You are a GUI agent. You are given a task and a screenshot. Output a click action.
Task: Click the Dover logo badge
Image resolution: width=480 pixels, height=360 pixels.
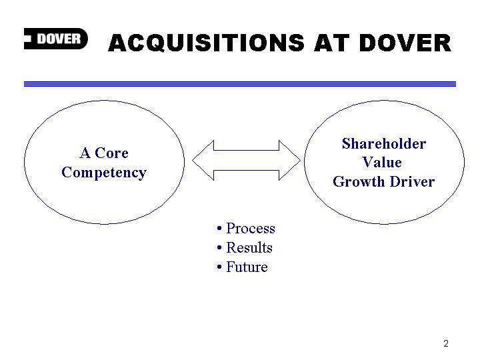pos(56,39)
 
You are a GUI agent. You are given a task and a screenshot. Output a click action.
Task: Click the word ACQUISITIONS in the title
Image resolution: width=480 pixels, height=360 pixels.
pos(206,43)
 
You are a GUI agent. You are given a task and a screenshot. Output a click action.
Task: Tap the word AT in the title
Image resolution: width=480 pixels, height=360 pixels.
pos(331,43)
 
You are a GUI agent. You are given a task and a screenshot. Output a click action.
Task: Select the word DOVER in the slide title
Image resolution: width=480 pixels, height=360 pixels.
pos(405,43)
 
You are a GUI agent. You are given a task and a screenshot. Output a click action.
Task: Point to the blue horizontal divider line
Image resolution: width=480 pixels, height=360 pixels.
pos(240,84)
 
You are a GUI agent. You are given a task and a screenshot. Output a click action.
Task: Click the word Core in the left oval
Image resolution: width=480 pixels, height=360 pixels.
pos(111,153)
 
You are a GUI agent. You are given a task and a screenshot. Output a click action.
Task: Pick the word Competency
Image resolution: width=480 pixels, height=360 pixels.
pos(104,173)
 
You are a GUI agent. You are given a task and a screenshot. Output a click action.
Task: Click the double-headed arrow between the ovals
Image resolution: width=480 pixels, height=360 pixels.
pos(247,161)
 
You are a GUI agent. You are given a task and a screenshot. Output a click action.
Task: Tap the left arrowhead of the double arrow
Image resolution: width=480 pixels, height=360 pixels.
pos(203,161)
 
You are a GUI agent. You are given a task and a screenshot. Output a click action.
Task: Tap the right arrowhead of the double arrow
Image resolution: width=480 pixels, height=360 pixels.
pos(289,161)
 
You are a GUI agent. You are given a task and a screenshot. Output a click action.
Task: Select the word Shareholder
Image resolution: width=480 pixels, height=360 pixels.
pos(384,143)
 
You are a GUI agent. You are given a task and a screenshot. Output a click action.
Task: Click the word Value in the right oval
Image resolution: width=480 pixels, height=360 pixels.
pos(382,162)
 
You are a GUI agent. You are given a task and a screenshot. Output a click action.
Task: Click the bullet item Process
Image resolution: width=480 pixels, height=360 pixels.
pos(251,229)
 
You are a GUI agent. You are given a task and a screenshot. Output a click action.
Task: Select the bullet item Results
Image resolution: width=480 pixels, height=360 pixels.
pos(249,247)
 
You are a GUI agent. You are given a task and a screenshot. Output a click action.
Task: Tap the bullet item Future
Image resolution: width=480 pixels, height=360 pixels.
pos(247,267)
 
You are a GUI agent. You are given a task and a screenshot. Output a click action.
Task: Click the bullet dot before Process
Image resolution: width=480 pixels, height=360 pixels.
pos(219,229)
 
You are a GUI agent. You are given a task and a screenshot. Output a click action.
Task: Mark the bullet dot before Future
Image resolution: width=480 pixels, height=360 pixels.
pos(219,267)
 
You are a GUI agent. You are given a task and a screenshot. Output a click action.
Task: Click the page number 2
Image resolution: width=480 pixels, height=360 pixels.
pos(446,343)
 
